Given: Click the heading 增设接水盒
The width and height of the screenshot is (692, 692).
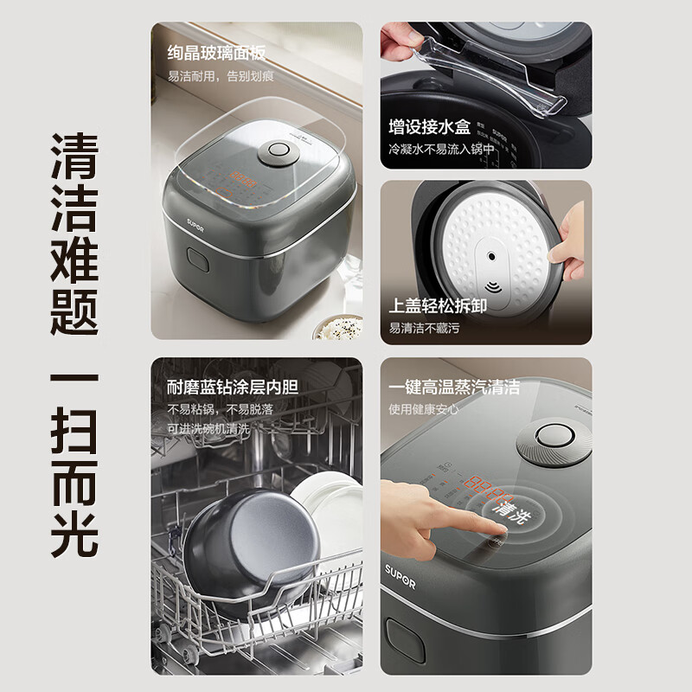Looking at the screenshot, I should click(x=430, y=128).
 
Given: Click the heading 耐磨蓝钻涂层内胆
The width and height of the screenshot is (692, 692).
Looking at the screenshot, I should click(x=230, y=387).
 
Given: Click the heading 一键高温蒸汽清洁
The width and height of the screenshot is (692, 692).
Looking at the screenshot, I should click(x=454, y=387).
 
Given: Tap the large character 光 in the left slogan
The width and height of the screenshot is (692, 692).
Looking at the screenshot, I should click(x=74, y=524).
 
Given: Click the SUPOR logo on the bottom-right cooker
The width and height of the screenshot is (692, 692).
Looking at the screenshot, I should click(x=401, y=583).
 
